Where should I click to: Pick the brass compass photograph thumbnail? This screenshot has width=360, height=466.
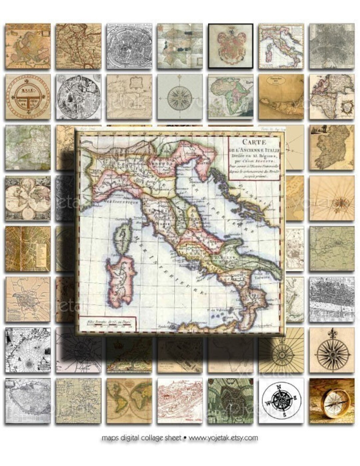pos(331,401)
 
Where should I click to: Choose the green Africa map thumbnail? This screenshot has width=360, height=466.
pos(230,96)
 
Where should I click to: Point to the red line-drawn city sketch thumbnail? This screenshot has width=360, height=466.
pos(180,401)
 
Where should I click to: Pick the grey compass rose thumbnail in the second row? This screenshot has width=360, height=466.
pos(180,96)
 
